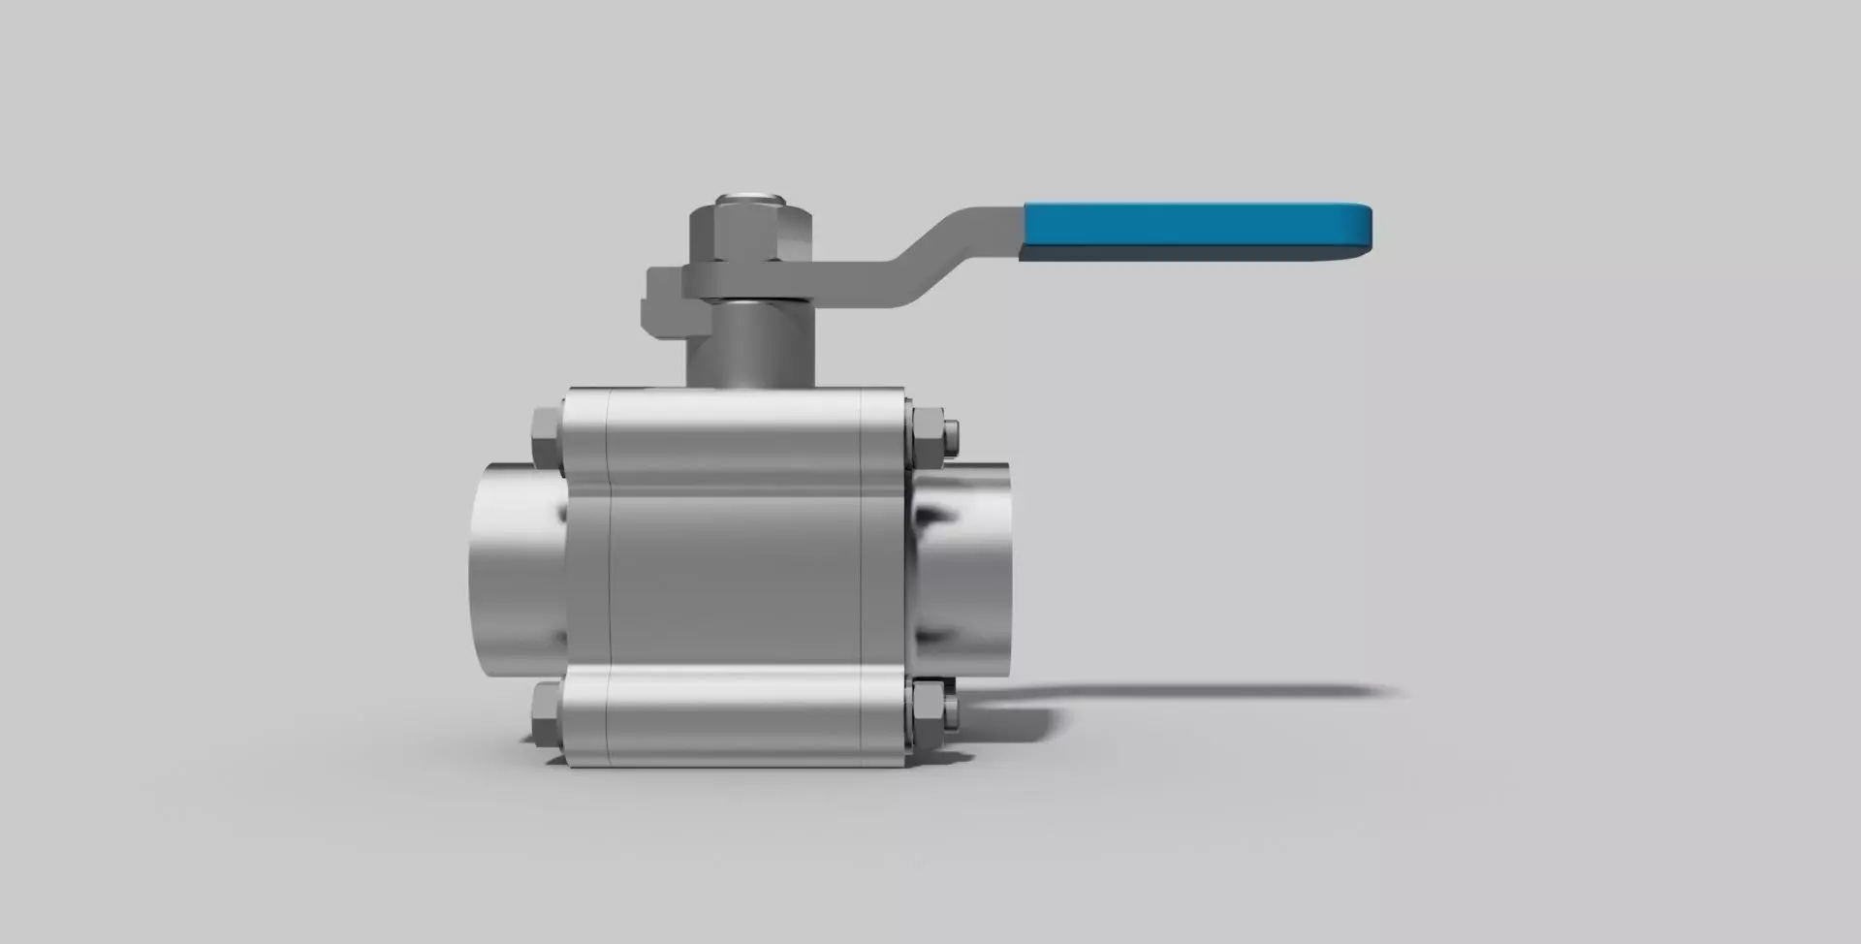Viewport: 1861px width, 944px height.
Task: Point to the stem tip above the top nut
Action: tap(749, 199)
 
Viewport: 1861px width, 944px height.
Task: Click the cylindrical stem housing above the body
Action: tap(750, 344)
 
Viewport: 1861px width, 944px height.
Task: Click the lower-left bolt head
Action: tap(546, 712)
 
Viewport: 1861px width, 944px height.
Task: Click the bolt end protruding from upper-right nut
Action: tap(952, 436)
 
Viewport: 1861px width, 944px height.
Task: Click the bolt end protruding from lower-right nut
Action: tap(952, 712)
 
